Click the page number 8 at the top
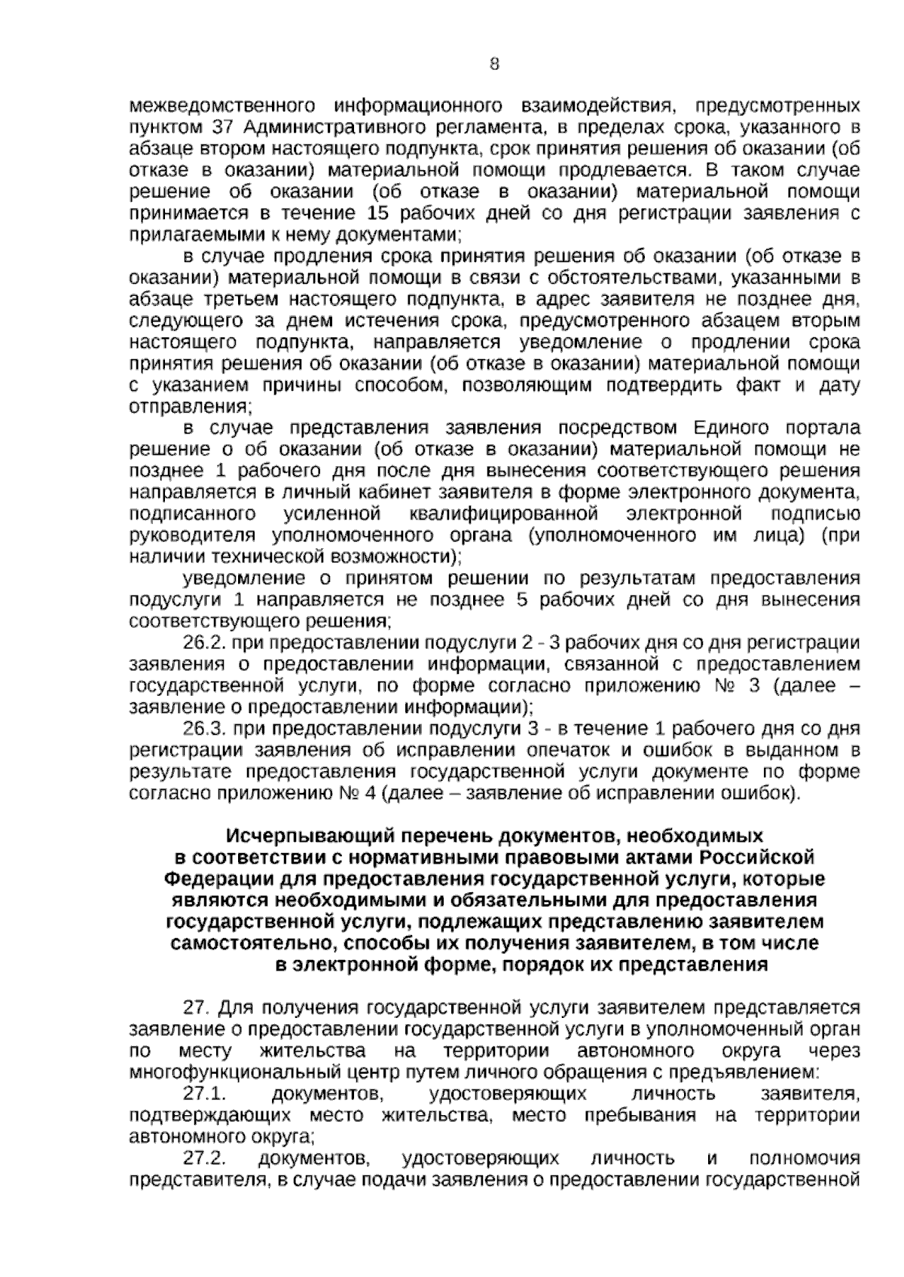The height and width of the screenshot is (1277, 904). tap(494, 65)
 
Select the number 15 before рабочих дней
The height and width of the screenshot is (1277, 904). tap(375, 212)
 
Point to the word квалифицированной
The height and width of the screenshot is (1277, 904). tap(504, 514)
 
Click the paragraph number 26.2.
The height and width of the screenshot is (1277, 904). tap(205, 643)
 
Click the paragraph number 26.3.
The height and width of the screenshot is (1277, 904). tap(205, 729)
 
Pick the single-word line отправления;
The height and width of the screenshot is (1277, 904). tap(190, 407)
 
